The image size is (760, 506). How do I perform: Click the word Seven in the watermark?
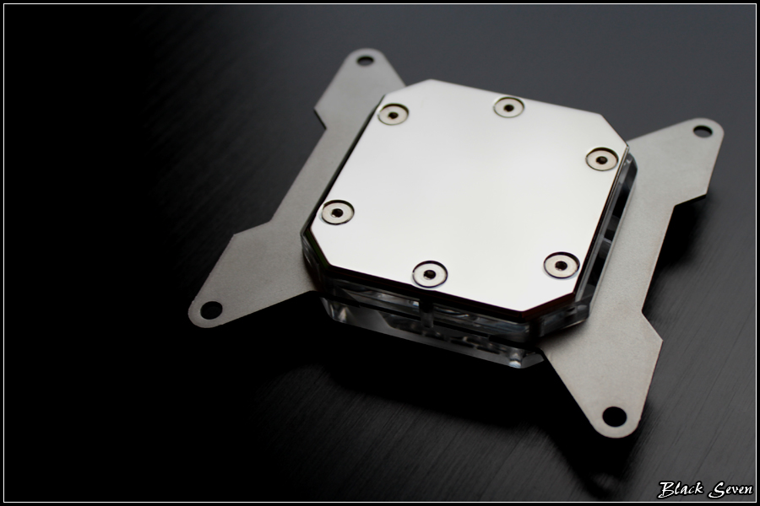tap(730, 489)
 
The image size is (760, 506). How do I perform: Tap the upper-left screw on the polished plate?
tap(393, 115)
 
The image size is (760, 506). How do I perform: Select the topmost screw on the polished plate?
tap(509, 107)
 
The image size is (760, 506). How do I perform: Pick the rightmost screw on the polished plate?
tap(602, 159)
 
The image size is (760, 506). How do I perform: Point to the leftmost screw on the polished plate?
tap(337, 212)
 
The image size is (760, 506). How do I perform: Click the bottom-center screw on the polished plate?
tap(430, 274)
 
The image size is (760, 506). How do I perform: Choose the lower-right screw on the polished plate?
tap(562, 266)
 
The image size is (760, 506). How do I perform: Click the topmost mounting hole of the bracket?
tap(365, 61)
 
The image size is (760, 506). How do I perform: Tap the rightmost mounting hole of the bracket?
tap(703, 131)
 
